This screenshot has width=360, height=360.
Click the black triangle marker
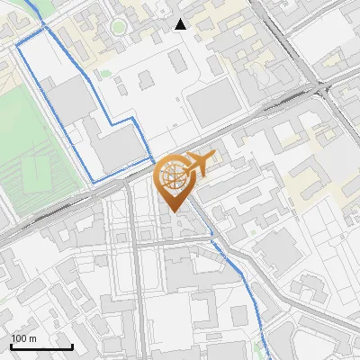coord(181,24)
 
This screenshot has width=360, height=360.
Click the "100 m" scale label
coord(24,338)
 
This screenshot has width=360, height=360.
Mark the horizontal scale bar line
coord(41,346)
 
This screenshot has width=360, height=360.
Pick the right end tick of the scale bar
coord(72,345)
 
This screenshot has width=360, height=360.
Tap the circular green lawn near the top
coord(118,26)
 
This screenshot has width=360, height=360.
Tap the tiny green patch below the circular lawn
coord(105,73)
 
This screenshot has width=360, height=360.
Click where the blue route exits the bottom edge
coord(268,358)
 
